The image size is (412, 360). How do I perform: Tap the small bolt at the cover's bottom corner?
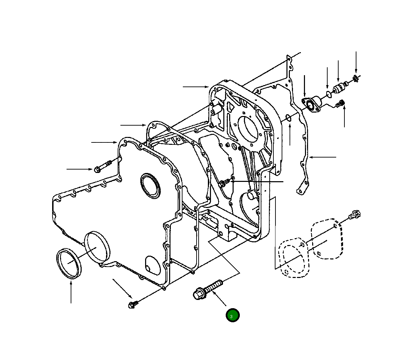[132, 304]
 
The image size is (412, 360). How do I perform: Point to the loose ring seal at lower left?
[68, 262]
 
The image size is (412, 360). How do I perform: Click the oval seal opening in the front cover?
[151, 186]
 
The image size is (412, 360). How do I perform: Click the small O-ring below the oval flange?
[288, 118]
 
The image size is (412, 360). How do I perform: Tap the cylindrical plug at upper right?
[339, 88]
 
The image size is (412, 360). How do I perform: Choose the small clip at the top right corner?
[356, 79]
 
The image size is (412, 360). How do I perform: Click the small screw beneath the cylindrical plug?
[340, 103]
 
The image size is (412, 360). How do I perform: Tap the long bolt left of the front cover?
[103, 166]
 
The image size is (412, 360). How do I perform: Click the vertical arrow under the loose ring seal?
[71, 292]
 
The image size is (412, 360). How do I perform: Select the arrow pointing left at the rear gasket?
[322, 157]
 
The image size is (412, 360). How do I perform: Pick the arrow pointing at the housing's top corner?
[196, 87]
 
